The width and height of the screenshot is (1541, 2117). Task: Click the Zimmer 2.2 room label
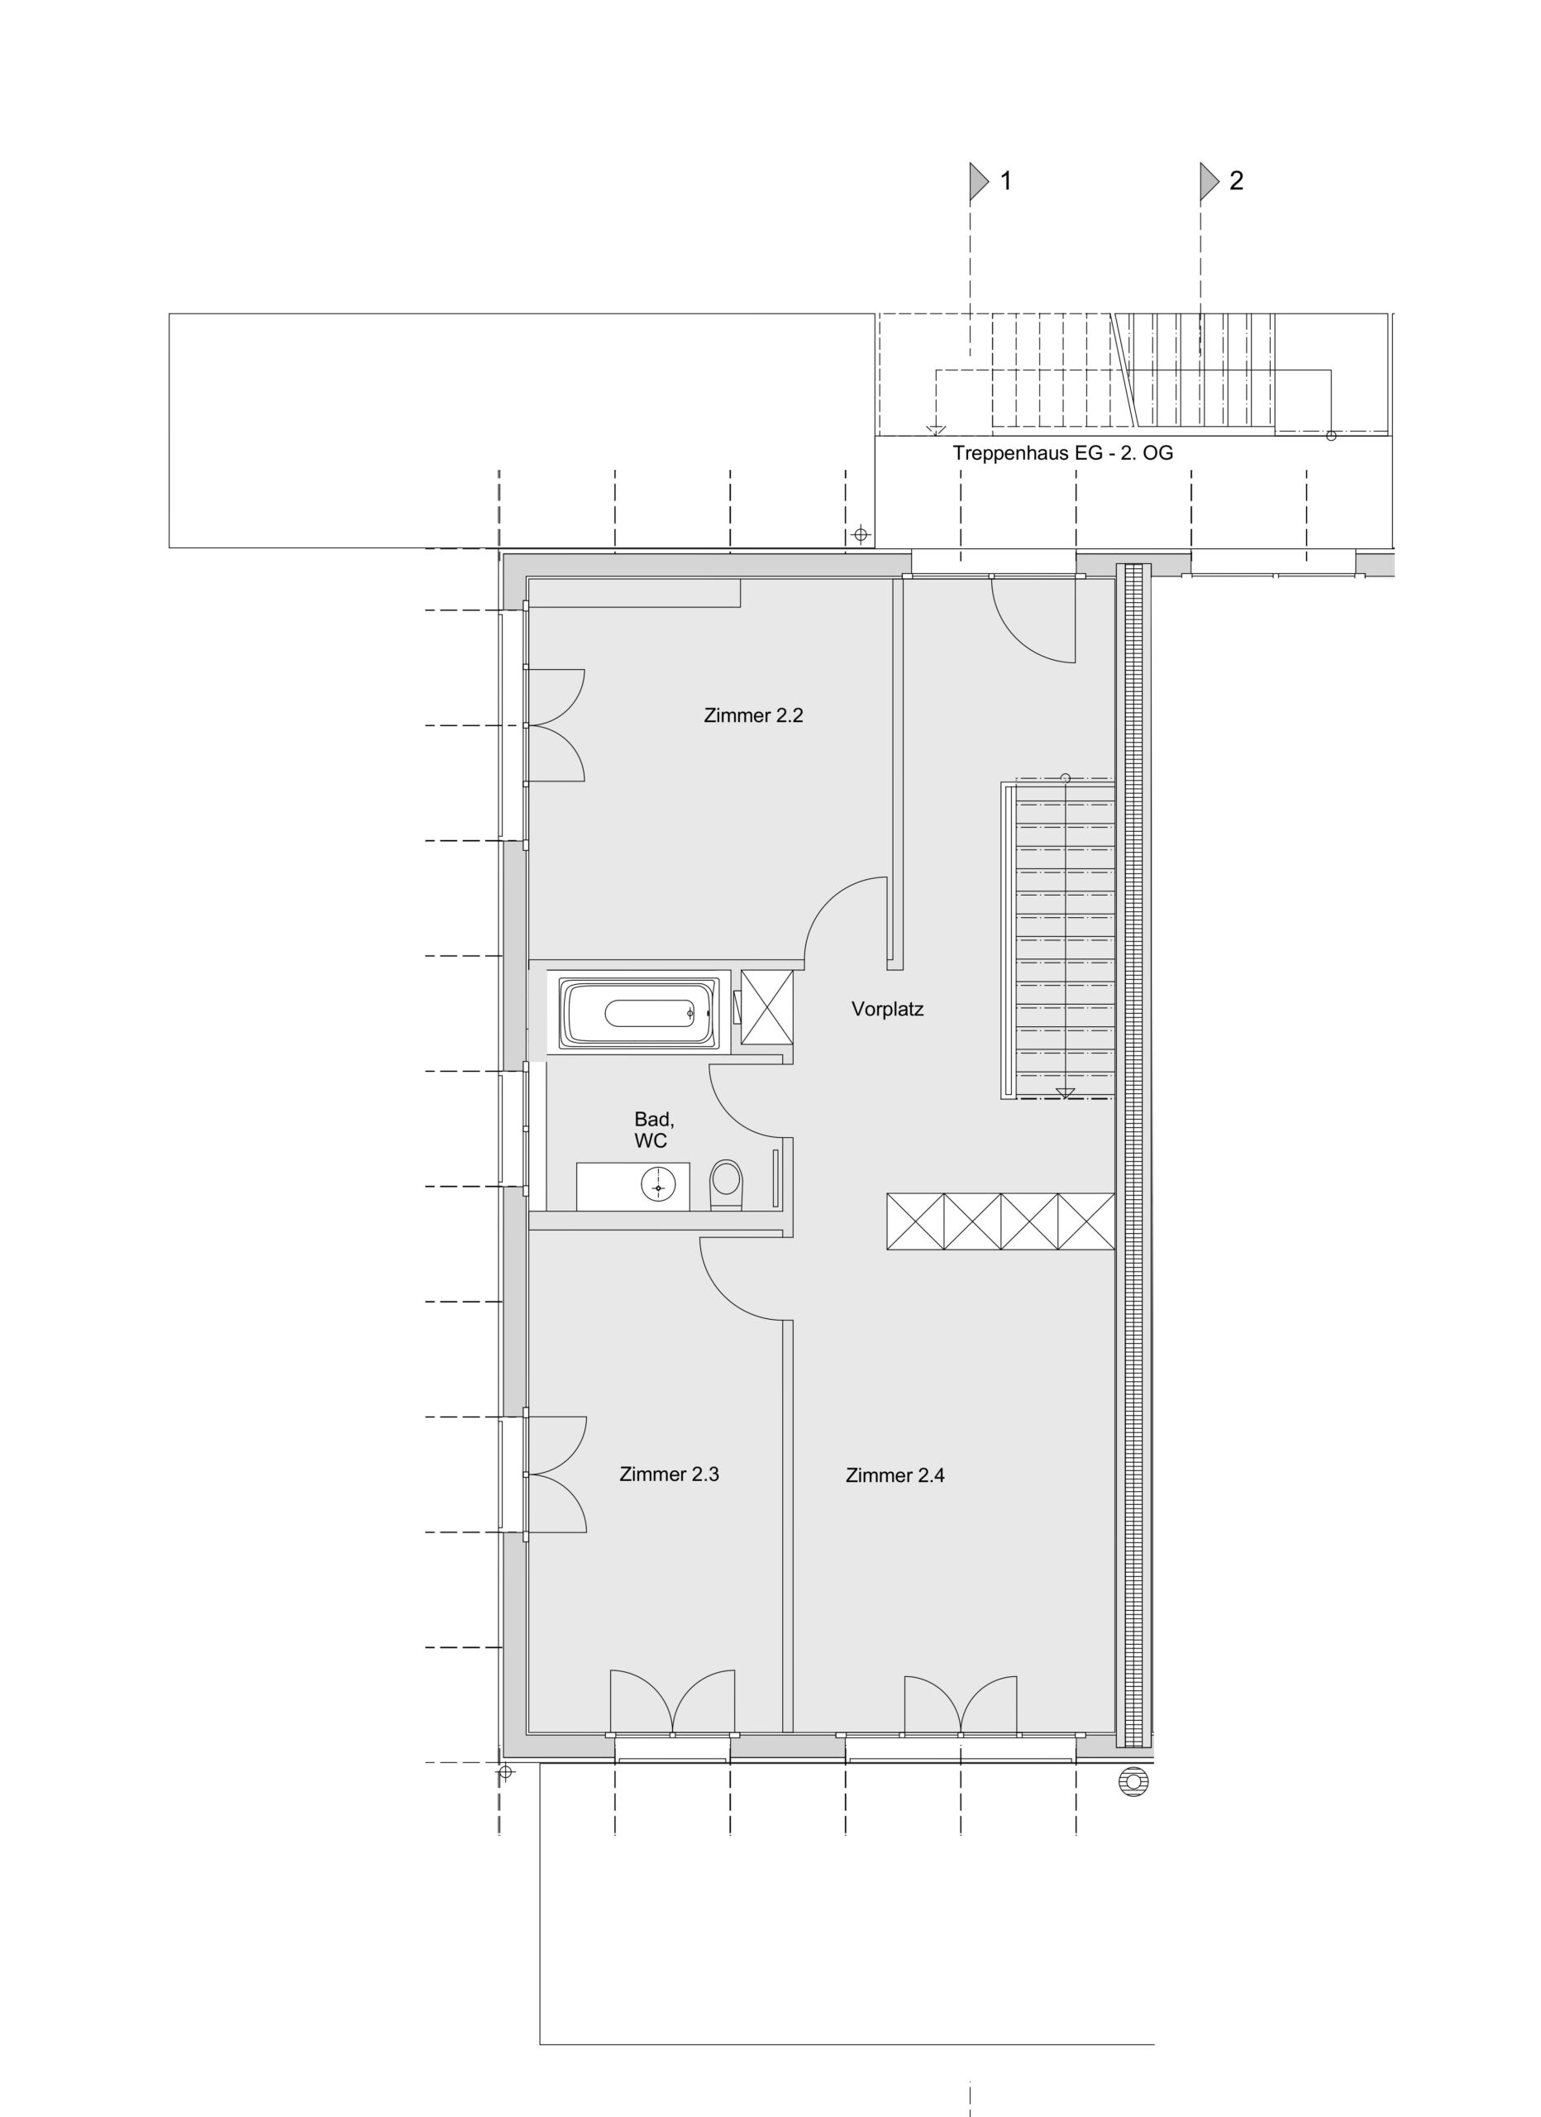[x=753, y=716]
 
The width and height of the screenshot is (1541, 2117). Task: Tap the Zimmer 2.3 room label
[x=670, y=1474]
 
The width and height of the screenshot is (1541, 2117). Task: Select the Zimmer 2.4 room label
[x=895, y=1476]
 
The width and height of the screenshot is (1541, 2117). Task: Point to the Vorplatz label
[x=888, y=1009]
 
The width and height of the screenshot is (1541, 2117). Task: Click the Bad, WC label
[x=653, y=1130]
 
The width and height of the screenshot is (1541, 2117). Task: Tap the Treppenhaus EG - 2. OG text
[x=1063, y=454]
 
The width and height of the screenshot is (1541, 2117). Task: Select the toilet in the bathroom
[x=725, y=1184]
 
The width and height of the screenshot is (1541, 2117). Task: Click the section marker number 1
[x=1005, y=181]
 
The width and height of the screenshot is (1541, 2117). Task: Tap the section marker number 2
[x=1236, y=181]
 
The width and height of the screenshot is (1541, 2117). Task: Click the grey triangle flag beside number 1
[x=978, y=181]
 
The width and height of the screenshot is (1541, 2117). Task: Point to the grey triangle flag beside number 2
[x=1209, y=181]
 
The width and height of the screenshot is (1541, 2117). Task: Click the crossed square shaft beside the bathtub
[x=766, y=1006]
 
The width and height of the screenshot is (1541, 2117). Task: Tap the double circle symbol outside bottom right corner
[x=1133, y=1782]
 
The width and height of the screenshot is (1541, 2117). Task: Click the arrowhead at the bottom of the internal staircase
[x=1065, y=1094]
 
